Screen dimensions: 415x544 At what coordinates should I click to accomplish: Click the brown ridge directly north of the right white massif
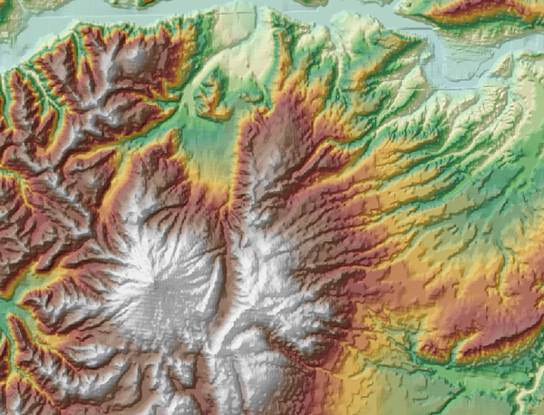pyautogui.click(x=277, y=136)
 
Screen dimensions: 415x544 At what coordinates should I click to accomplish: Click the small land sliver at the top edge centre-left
pyautogui.click(x=136, y=4)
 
